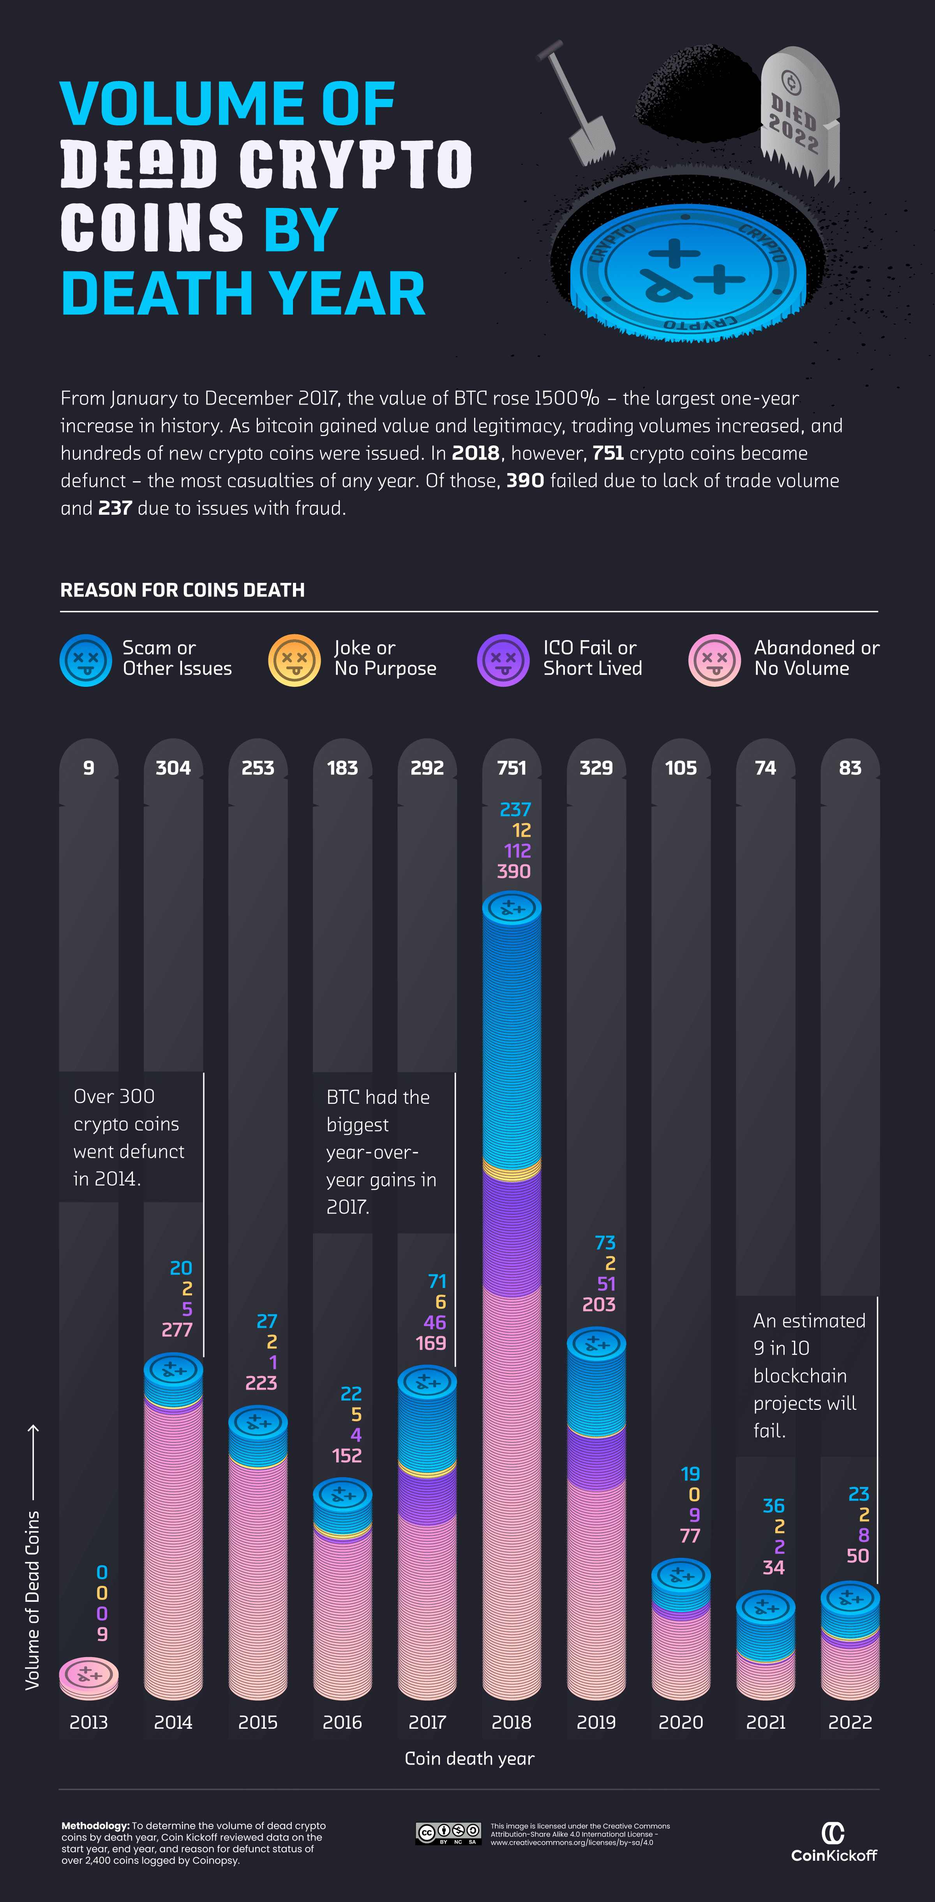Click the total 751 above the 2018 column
point(511,768)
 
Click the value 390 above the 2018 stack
point(513,871)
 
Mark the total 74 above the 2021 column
point(765,768)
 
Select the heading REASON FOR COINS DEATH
point(182,590)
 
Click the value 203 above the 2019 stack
point(598,1305)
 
